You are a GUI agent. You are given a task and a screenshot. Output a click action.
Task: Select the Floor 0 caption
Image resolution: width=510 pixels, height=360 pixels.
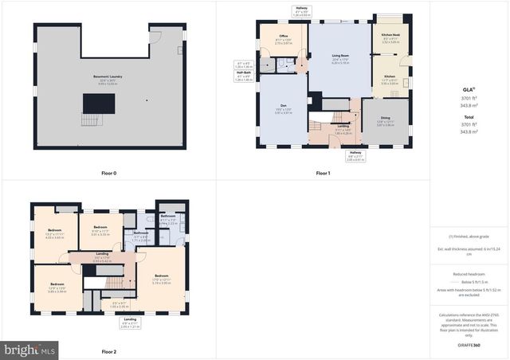(108, 173)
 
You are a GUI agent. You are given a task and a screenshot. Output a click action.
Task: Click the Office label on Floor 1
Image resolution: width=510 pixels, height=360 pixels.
(282, 37)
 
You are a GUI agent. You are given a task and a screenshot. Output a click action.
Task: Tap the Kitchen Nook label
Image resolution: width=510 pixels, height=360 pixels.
(390, 37)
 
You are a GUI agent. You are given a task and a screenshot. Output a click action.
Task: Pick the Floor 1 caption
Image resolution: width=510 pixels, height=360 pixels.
(322, 173)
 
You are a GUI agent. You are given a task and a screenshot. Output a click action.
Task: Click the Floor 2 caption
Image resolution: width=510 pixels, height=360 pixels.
(108, 351)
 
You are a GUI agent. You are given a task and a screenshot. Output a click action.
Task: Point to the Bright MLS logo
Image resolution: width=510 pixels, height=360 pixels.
(29, 349)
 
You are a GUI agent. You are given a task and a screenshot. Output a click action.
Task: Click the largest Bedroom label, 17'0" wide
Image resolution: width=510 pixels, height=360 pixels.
(162, 276)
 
